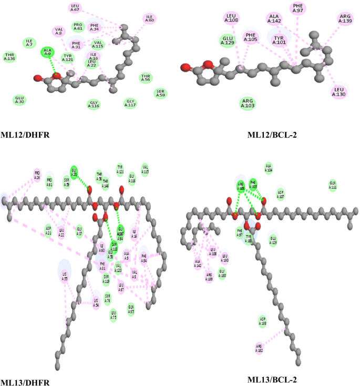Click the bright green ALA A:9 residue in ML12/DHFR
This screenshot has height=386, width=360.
[x=48, y=52]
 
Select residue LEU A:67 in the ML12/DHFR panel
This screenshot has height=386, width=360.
[x=76, y=7]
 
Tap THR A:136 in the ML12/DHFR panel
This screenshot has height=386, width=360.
[x=9, y=56]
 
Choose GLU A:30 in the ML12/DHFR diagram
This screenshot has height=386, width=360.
[x=20, y=99]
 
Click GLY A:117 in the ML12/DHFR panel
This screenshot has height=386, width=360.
[x=130, y=103]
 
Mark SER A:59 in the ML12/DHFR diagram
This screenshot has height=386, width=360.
[x=161, y=94]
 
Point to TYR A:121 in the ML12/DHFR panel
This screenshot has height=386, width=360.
[x=67, y=57]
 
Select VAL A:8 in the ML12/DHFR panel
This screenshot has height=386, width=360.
[x=58, y=32]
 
